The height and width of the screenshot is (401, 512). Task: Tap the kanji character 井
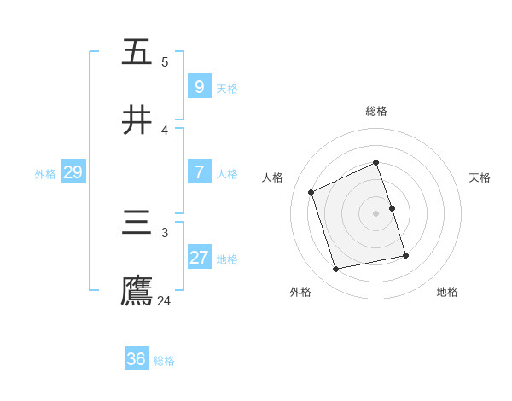[x=137, y=119]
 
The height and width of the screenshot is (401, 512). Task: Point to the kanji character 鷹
[x=137, y=292]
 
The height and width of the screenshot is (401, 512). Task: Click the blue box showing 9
[x=199, y=86]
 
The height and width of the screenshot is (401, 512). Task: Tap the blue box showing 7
[x=199, y=172]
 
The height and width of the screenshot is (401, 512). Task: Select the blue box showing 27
[x=199, y=258]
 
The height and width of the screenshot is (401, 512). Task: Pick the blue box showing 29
[x=73, y=172]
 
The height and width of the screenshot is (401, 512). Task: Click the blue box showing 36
[x=136, y=359]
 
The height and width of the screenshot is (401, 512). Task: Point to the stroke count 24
[x=164, y=300]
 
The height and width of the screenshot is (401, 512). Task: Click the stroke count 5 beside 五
[x=165, y=61]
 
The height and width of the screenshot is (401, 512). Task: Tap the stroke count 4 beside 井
[x=165, y=130]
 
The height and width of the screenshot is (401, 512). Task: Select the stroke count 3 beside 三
[x=165, y=232]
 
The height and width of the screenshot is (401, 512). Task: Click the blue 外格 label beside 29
[x=45, y=173]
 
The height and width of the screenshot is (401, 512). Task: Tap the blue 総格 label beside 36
[x=164, y=360]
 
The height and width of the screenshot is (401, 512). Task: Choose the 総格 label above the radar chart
[x=376, y=111]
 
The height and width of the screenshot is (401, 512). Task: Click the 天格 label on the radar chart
[x=480, y=177]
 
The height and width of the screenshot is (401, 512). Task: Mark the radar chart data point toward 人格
[x=311, y=191]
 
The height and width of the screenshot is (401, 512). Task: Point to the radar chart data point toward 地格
[x=405, y=255]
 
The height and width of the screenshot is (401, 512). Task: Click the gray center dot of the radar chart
[x=376, y=212]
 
